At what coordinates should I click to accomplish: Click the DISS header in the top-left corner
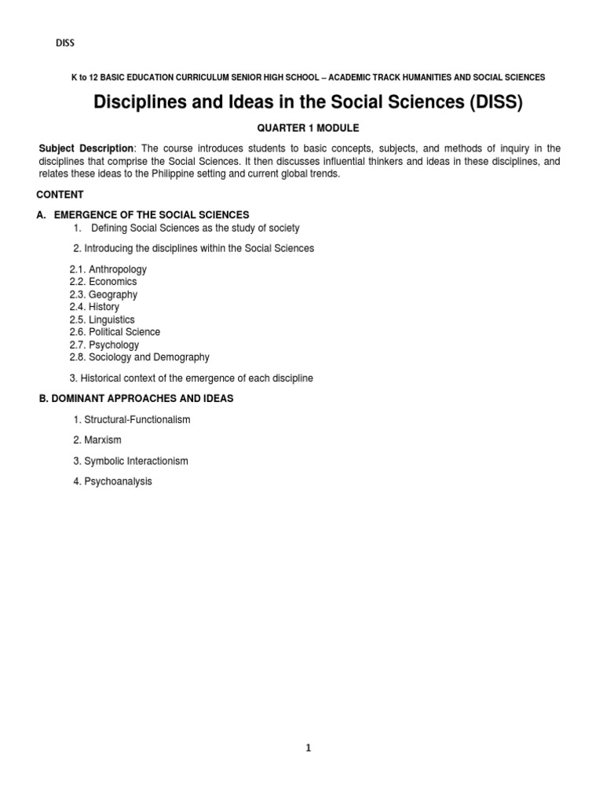point(64,43)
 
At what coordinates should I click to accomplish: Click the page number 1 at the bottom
point(309,748)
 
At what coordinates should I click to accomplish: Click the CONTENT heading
point(60,195)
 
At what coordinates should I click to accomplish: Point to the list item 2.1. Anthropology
point(108,269)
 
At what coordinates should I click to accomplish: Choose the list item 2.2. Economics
point(103,282)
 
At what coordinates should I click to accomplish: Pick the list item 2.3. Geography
point(103,294)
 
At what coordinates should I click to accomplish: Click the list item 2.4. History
point(94,307)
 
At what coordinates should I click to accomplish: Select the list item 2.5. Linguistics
point(102,320)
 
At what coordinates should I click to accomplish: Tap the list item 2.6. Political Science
point(115,332)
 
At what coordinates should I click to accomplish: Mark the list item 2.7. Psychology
point(104,345)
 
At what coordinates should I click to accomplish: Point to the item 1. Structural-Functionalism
point(132,420)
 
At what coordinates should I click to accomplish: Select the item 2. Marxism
point(97,440)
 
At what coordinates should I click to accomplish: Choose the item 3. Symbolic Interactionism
point(130,461)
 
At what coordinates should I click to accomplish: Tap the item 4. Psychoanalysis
point(112,481)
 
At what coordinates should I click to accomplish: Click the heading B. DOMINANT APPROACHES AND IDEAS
point(137,399)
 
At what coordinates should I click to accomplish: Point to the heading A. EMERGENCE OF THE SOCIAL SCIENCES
point(143,214)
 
